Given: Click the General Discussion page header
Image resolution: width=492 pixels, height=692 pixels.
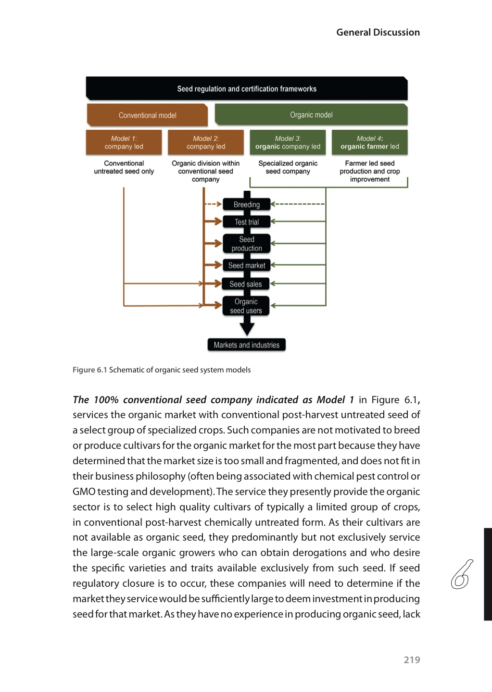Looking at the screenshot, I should tap(378, 32).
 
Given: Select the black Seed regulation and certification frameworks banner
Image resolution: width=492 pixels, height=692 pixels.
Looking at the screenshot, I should tap(246, 89).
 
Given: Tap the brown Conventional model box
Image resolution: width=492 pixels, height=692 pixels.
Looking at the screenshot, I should tap(147, 115).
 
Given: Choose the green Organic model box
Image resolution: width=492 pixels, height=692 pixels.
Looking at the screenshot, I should tap(311, 115).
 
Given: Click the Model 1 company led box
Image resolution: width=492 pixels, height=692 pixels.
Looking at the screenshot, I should tap(124, 143).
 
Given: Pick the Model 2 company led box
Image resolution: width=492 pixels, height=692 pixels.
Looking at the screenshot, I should tap(205, 143).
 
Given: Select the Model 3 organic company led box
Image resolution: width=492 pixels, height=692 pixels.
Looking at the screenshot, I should tap(288, 143).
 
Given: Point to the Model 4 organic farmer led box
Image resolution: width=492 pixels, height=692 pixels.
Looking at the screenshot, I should tap(369, 143).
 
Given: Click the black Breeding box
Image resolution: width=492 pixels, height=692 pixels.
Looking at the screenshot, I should tap(246, 205).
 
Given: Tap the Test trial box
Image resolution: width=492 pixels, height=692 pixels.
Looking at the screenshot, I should tap(246, 222).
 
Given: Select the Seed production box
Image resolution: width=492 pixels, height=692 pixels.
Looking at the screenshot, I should tap(246, 244).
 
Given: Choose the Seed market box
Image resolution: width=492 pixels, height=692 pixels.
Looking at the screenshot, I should tap(246, 265).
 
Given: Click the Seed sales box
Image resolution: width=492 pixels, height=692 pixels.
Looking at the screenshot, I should tap(245, 284).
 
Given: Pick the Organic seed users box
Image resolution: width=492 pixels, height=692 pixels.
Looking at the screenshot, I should tap(246, 306).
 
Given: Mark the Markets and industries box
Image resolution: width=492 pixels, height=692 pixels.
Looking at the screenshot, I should tap(246, 345).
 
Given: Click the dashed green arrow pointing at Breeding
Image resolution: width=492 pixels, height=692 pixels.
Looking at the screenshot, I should tap(298, 204).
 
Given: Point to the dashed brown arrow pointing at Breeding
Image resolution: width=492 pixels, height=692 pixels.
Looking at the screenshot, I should tap(213, 204).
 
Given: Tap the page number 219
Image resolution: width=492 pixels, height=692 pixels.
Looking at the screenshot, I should tap(412, 660).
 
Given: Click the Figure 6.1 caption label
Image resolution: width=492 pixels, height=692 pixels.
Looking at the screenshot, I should tap(89, 370).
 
